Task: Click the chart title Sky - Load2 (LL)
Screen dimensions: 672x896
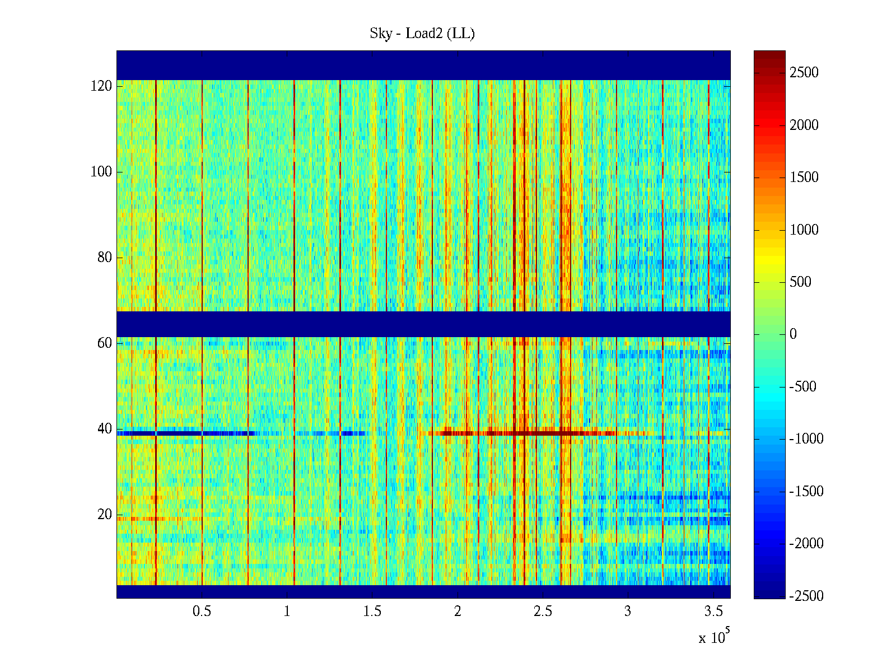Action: coord(422,34)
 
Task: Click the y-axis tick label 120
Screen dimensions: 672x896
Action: coord(101,86)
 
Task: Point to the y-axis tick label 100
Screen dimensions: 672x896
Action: coord(101,172)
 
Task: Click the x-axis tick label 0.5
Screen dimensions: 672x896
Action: coord(202,612)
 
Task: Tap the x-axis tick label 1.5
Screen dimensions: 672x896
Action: coord(372,612)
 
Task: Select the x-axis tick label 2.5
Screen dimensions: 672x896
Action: coord(543,612)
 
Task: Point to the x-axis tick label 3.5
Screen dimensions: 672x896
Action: coord(713,612)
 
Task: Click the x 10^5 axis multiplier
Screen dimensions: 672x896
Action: coord(713,637)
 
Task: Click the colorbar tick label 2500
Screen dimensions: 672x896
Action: coord(804,73)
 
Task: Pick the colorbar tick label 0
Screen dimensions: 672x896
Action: coord(793,334)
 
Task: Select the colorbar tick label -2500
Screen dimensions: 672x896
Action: coord(806,596)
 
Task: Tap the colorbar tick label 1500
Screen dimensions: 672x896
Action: coord(804,178)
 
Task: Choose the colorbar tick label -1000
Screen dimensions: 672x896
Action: coord(806,439)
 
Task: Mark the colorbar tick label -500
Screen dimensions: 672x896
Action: coord(803,387)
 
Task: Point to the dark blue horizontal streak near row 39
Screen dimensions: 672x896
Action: coord(185,433)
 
